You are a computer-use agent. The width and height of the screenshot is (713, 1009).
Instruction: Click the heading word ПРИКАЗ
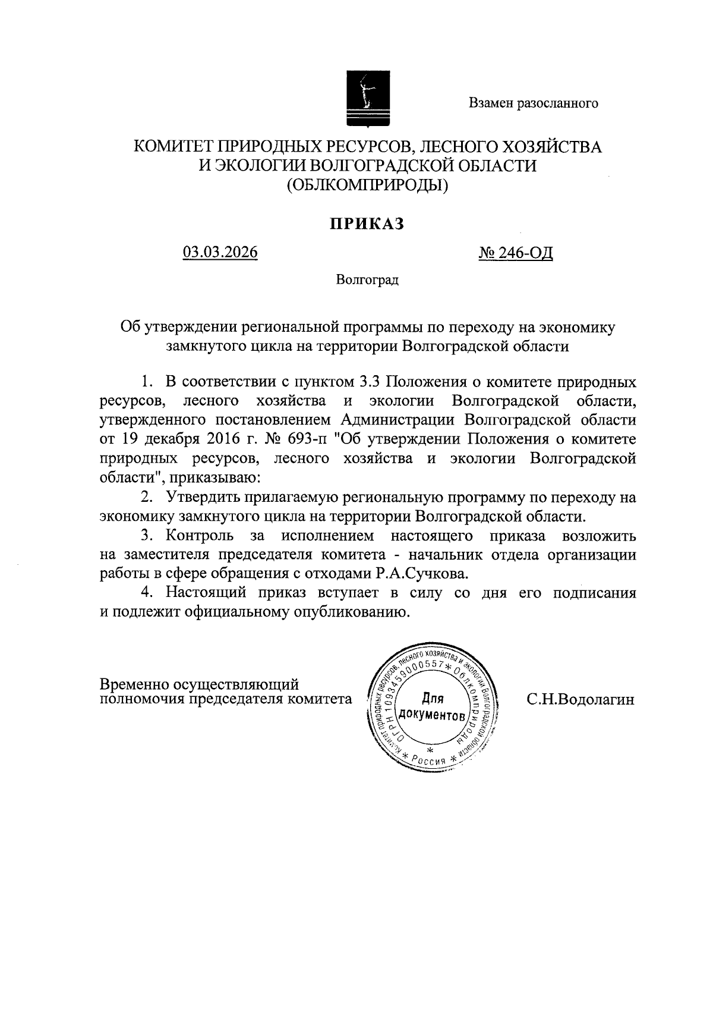coord(367,224)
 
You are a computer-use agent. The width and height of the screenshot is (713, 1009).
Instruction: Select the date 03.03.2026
coord(220,253)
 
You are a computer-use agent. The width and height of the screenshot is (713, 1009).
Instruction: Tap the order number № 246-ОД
coord(516,253)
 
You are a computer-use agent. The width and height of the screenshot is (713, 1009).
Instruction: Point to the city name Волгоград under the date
coord(367,279)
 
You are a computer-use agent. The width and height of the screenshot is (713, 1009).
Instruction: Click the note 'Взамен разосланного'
coord(533,103)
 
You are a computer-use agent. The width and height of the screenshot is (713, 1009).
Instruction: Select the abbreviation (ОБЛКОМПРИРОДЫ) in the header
coord(367,186)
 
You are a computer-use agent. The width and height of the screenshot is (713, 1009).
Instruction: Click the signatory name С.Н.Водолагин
coord(581,699)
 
